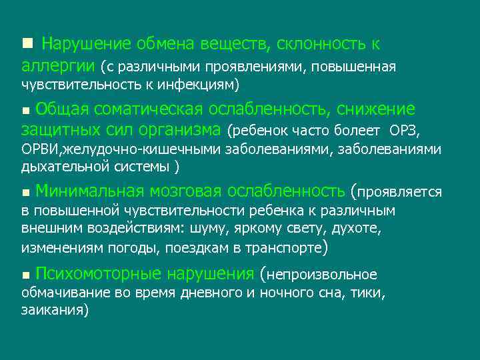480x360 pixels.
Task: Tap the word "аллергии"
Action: click(x=57, y=66)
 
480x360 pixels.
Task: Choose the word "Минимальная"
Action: click(x=89, y=192)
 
